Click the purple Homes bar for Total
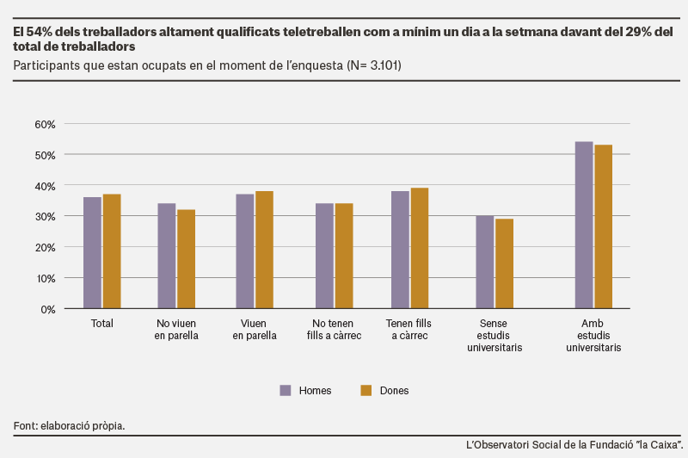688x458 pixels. click(x=93, y=253)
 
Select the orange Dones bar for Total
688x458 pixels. click(x=112, y=251)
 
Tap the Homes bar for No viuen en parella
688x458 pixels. click(x=167, y=256)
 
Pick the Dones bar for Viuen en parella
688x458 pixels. click(x=264, y=250)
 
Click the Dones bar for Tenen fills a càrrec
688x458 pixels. click(x=420, y=248)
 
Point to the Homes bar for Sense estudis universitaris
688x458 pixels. click(x=485, y=263)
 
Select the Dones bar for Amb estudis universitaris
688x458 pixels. click(x=604, y=226)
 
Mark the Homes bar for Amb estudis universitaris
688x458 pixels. click(x=584, y=226)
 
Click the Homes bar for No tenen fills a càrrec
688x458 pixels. click(x=325, y=256)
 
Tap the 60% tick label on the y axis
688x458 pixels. click(x=46, y=124)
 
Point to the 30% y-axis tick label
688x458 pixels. click(x=46, y=217)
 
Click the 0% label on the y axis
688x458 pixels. click(x=48, y=310)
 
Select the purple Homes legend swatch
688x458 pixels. click(x=286, y=390)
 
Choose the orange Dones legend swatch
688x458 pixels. click(x=366, y=390)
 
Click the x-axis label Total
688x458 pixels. click(x=101, y=324)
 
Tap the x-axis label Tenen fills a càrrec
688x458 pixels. click(x=409, y=330)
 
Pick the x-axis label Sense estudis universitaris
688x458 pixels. click(x=494, y=336)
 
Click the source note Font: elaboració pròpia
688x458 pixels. click(x=69, y=426)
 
